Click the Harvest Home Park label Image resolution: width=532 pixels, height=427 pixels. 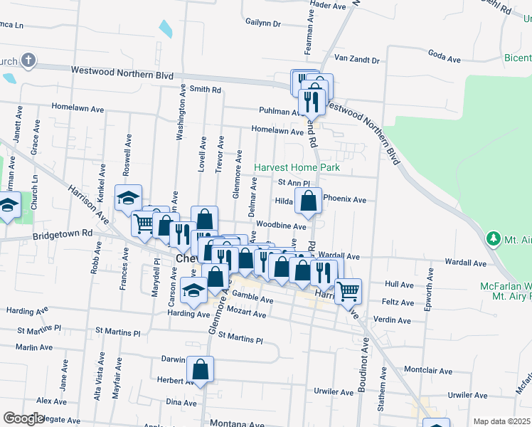[297, 167]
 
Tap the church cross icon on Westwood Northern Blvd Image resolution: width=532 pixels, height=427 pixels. [28, 60]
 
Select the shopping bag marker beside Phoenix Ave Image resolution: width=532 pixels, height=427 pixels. [308, 203]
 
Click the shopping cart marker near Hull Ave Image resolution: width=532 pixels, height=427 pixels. [348, 291]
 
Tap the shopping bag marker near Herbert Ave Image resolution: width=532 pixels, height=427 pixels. [201, 370]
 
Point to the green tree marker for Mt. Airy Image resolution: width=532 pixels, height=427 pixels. [491, 238]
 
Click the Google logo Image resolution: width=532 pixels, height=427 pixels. [23, 418]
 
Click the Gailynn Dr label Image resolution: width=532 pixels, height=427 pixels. [263, 23]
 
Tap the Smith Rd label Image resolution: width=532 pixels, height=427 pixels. [206, 90]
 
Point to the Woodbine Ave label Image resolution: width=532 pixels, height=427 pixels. [282, 226]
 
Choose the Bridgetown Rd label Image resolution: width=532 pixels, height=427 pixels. [63, 233]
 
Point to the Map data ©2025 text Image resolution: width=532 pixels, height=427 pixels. [501, 421]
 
